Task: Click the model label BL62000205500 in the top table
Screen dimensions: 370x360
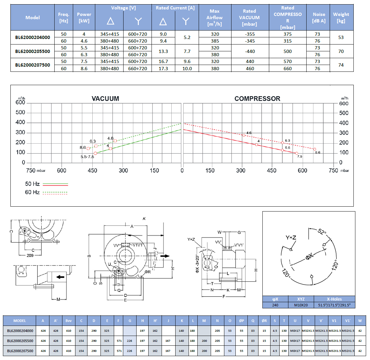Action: pyautogui.click(x=33, y=51)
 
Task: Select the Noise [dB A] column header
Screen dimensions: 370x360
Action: pyautogui.click(x=319, y=18)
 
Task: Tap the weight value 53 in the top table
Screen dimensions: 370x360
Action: pyautogui.click(x=341, y=37)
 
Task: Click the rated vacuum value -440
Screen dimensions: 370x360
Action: pyautogui.click(x=250, y=51)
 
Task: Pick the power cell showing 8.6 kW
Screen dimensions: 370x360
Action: pyautogui.click(x=84, y=69)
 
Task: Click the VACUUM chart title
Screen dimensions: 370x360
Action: pyautogui.click(x=105, y=98)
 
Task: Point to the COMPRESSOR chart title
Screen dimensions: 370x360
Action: pyautogui.click(x=257, y=98)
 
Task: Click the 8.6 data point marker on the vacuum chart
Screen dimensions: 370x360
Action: pyautogui.click(x=88, y=148)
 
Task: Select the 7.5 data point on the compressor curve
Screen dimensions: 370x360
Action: pyautogui.click(x=297, y=153)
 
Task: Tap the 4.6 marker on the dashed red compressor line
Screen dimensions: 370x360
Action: pyautogui.click(x=244, y=135)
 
